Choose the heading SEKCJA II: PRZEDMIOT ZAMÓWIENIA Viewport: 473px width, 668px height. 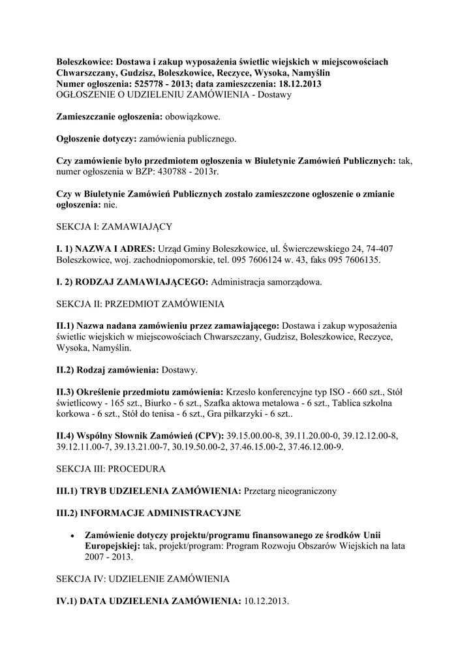pyautogui.click(x=140, y=304)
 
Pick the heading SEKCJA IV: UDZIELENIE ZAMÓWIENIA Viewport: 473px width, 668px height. pyautogui.click(x=142, y=579)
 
